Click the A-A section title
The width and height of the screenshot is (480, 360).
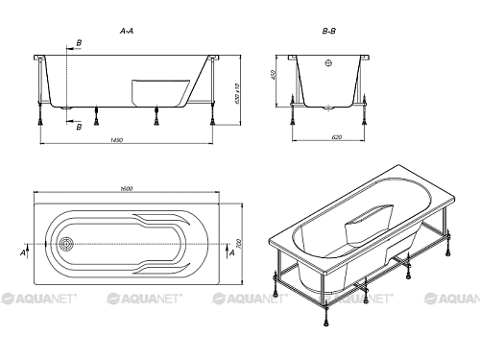[x=127, y=31]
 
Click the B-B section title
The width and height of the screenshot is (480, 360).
[x=329, y=31]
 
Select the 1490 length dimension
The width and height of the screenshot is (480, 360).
[x=117, y=140]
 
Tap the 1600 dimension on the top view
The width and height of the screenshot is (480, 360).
[x=127, y=189]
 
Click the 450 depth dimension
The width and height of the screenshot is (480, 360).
[x=273, y=75]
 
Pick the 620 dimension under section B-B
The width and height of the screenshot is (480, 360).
[x=337, y=137]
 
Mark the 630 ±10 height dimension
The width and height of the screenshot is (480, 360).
[x=237, y=93]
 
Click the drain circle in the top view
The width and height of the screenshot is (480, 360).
[x=66, y=244]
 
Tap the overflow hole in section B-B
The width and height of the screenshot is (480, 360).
[x=328, y=63]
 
